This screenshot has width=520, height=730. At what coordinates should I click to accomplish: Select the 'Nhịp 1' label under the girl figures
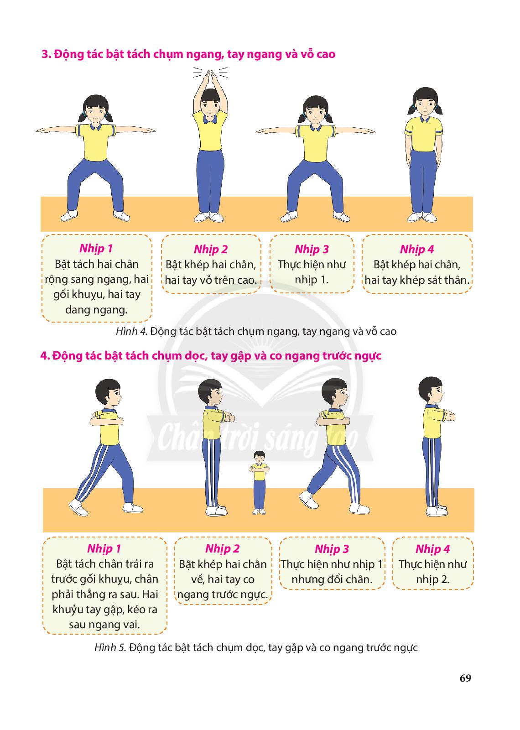pos(96,249)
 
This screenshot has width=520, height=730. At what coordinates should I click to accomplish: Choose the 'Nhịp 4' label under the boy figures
pos(432,549)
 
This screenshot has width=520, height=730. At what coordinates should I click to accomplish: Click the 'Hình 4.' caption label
pos(132,331)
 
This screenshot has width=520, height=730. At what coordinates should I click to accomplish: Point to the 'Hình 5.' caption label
pos(110,647)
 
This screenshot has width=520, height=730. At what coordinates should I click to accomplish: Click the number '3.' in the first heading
pos(47,54)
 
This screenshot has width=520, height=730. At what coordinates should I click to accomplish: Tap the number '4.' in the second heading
pos(45,355)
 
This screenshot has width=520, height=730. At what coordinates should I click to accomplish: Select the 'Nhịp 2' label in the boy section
pos(222,549)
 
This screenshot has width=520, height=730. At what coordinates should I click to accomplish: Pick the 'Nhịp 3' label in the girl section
pos(312,249)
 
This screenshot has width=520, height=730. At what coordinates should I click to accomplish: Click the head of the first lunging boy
pos(109,394)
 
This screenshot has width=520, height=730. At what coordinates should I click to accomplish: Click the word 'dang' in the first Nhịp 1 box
pos(77,310)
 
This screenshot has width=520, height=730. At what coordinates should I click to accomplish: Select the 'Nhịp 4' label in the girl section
pos(417,249)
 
